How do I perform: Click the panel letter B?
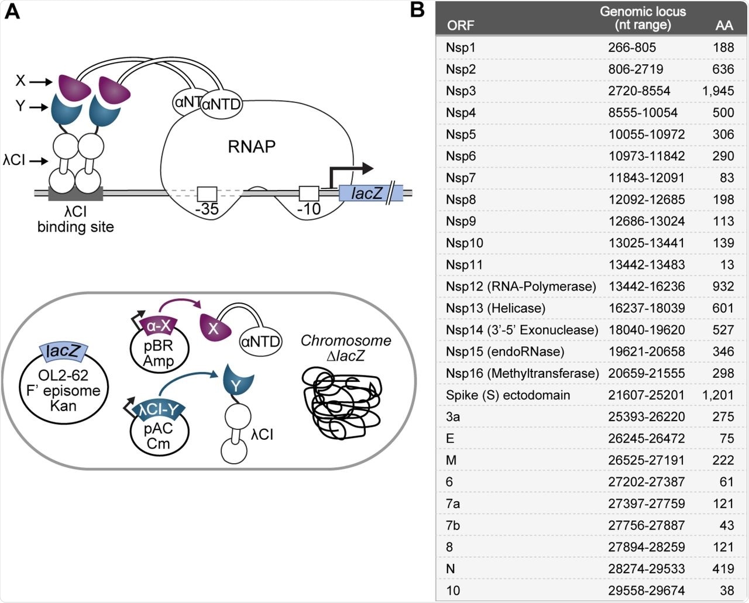[x=417, y=11]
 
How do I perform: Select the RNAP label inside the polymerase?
[x=251, y=146]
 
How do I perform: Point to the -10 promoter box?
[x=308, y=194]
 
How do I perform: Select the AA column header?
[x=724, y=25]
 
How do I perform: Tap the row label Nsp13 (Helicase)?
[x=495, y=308]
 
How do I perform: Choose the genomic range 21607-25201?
[x=646, y=395]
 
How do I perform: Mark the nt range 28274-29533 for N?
[x=646, y=568]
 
